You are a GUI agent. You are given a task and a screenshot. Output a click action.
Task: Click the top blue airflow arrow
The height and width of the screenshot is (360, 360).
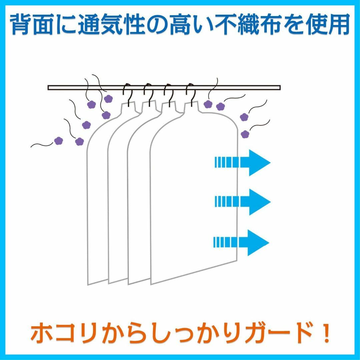(242, 163)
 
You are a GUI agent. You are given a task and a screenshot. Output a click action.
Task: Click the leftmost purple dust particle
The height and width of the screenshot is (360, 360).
(59, 141)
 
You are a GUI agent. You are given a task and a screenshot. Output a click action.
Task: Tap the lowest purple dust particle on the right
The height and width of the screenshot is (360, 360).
(245, 134)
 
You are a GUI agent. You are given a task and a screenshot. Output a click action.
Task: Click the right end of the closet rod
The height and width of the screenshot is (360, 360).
(280, 87)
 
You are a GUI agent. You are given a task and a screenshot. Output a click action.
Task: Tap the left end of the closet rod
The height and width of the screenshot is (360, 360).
(48, 87)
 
